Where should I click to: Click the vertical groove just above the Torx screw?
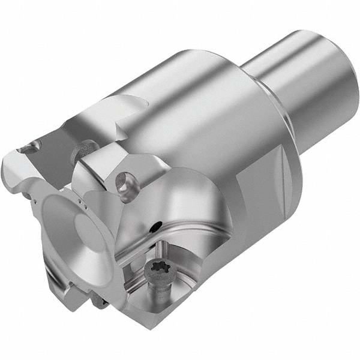[x=164, y=246]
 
